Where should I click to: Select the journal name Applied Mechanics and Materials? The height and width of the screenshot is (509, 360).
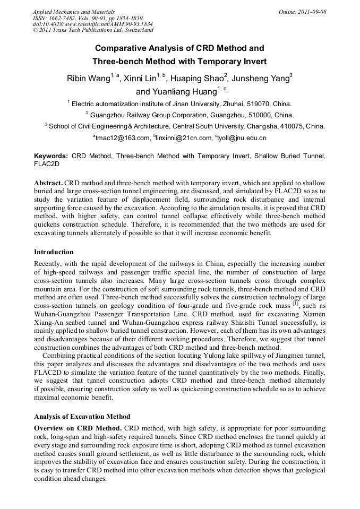pyautogui.click(x=74, y=12)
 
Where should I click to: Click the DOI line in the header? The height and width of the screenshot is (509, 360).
pyautogui.click(x=92, y=24)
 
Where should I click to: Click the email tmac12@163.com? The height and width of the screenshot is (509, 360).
pyautogui.click(x=123, y=138)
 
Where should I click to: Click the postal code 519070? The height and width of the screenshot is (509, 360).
pyautogui.click(x=251, y=104)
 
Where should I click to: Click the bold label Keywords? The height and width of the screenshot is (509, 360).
pyautogui.click(x=51, y=157)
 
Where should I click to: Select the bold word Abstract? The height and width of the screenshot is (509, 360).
pyautogui.click(x=48, y=182)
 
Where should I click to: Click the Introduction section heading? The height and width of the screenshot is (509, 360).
pyautogui.click(x=54, y=252)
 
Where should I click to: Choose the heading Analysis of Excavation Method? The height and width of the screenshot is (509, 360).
pyautogui.click(x=82, y=416)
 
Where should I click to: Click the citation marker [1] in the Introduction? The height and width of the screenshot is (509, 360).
pyautogui.click(x=296, y=304)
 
